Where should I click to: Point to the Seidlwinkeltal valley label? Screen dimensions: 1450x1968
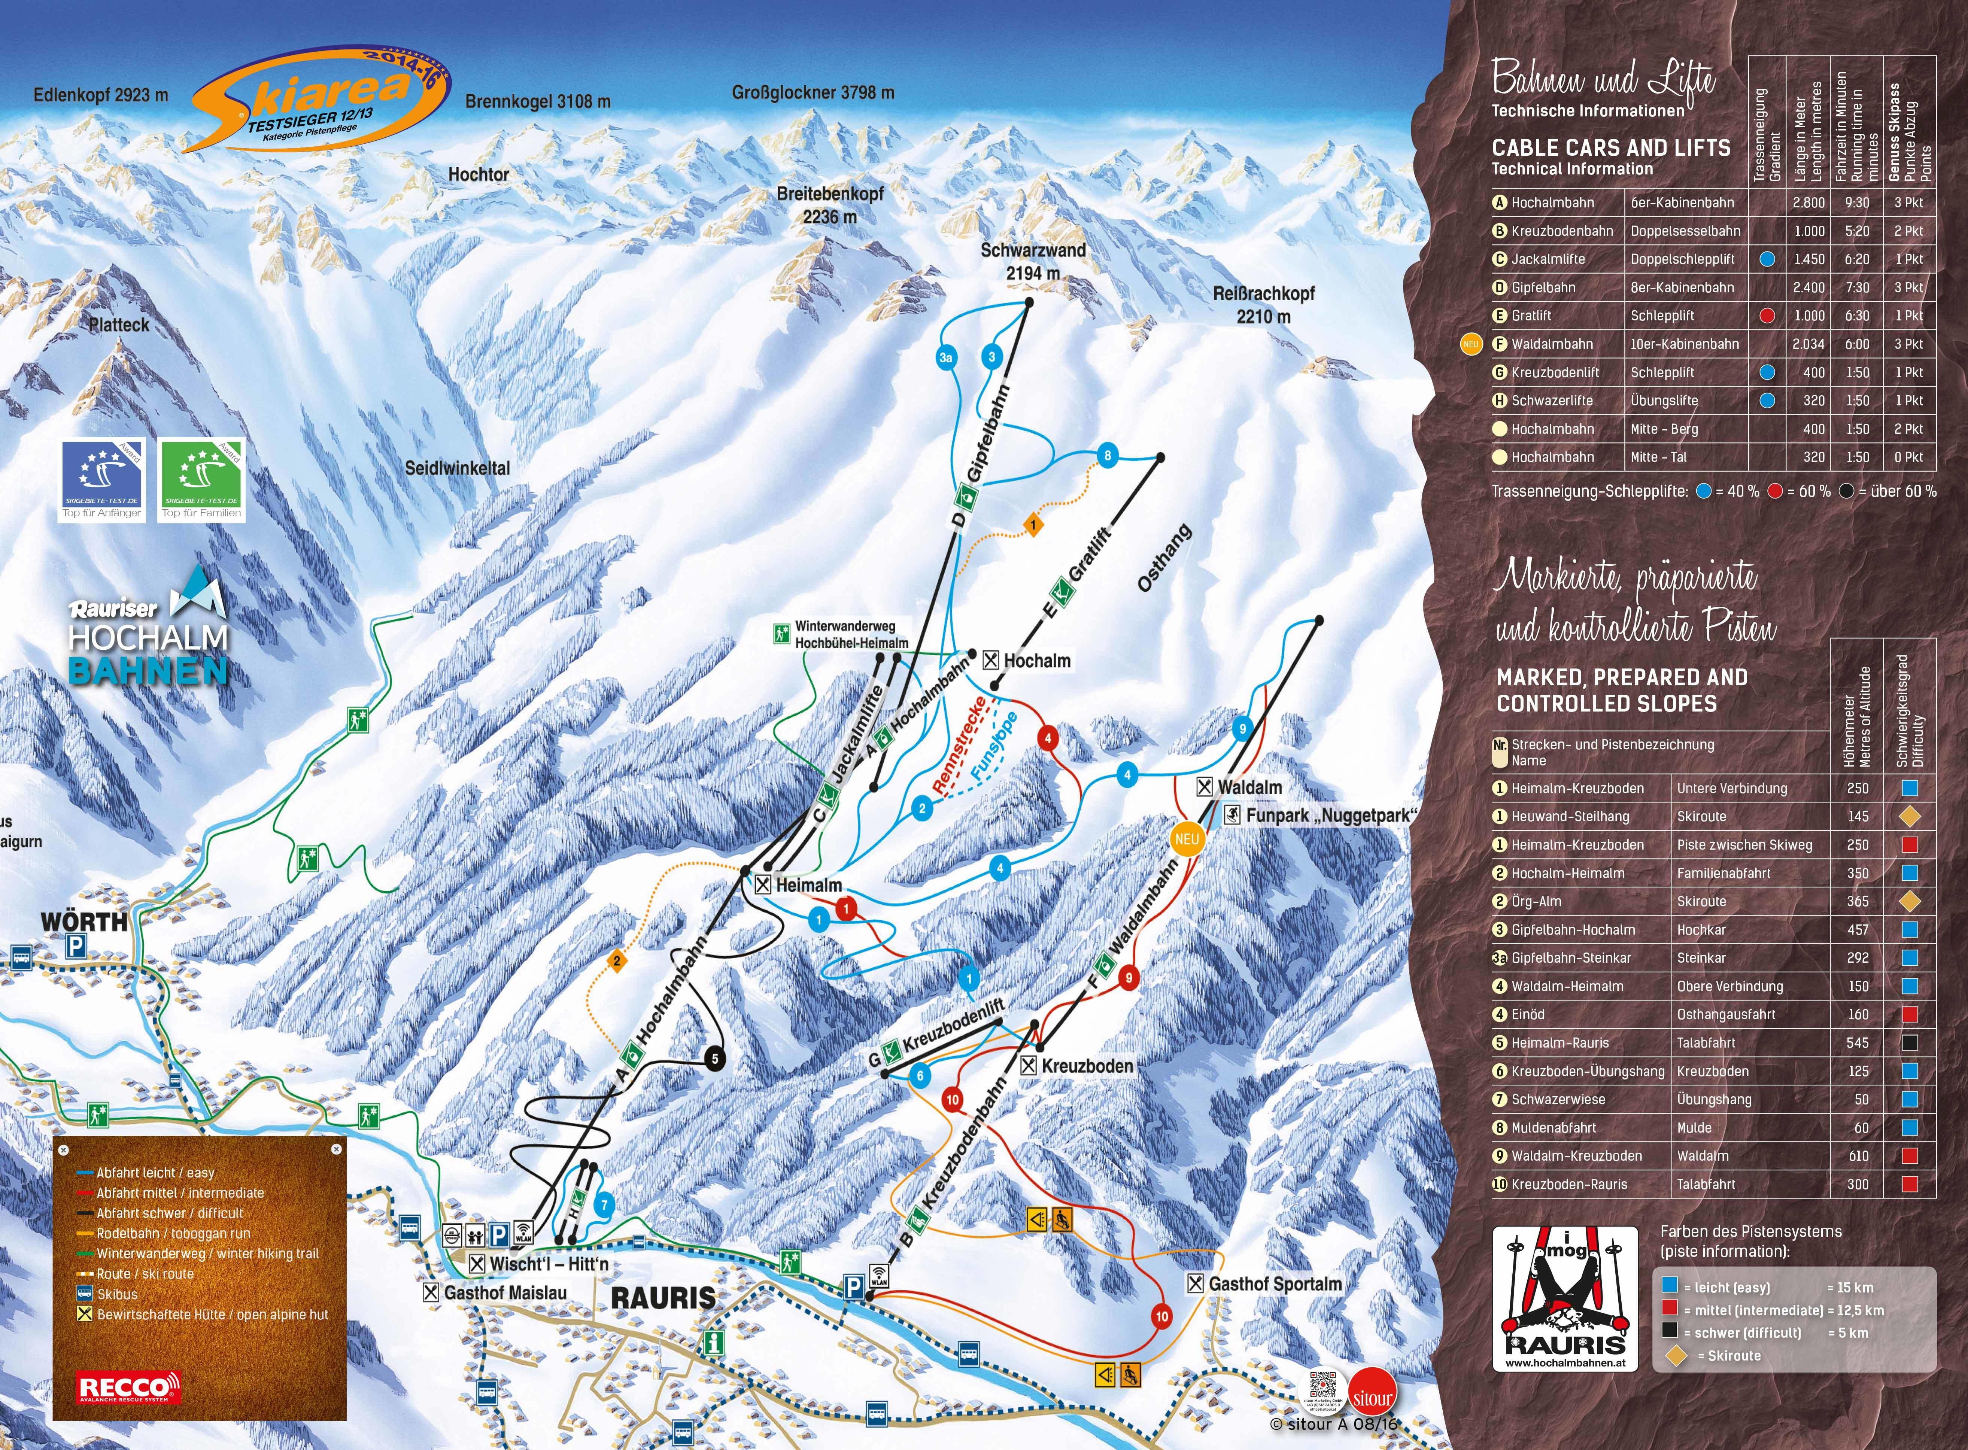coord(457,469)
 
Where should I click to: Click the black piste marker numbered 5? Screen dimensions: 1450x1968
coord(714,1058)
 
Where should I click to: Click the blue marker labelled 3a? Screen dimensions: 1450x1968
coord(945,358)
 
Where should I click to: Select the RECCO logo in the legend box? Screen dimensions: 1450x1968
coord(129,1387)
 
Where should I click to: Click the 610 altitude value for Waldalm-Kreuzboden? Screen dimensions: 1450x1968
coord(1858,1156)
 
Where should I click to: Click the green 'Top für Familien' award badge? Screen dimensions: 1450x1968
coord(202,481)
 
